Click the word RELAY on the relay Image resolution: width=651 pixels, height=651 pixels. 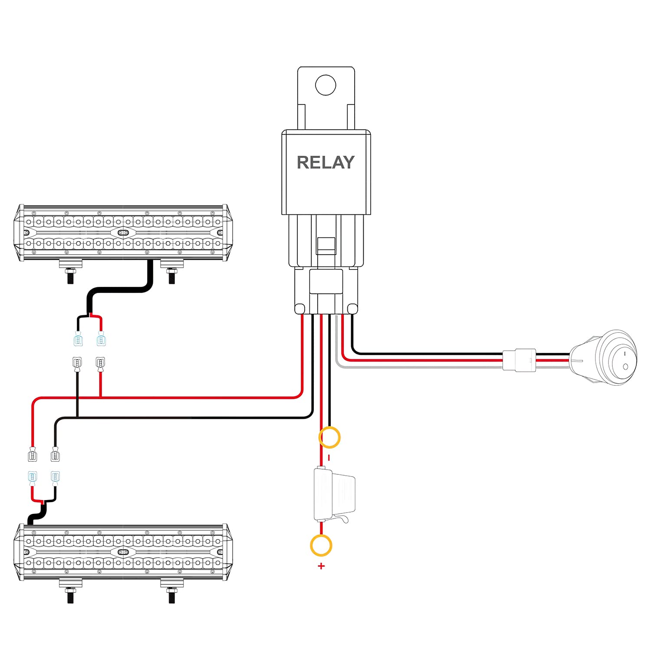[x=325, y=162]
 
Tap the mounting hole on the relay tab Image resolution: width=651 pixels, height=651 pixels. [x=325, y=85]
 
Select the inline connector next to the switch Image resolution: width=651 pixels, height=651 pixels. [x=519, y=360]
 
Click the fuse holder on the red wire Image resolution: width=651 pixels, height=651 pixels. [x=333, y=495]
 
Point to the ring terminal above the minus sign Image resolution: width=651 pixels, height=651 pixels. [x=329, y=437]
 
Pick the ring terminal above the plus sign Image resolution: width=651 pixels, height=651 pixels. [x=321, y=546]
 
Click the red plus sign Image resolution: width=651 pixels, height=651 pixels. [x=321, y=566]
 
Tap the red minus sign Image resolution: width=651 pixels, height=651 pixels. [x=329, y=457]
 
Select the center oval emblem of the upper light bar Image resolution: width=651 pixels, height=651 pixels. [x=123, y=233]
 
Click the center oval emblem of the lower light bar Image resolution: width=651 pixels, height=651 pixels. [x=123, y=552]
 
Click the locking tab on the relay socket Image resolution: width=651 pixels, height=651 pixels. [x=326, y=246]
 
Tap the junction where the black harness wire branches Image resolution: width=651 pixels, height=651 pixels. [x=77, y=418]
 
